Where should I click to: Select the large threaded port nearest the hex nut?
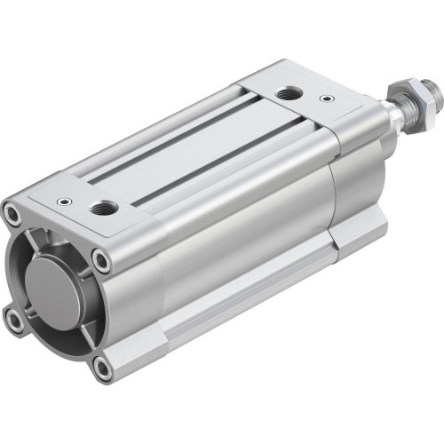[x=289, y=93]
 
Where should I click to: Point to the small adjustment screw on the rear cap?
[x=63, y=202]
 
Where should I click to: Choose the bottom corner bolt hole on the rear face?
[x=105, y=365]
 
